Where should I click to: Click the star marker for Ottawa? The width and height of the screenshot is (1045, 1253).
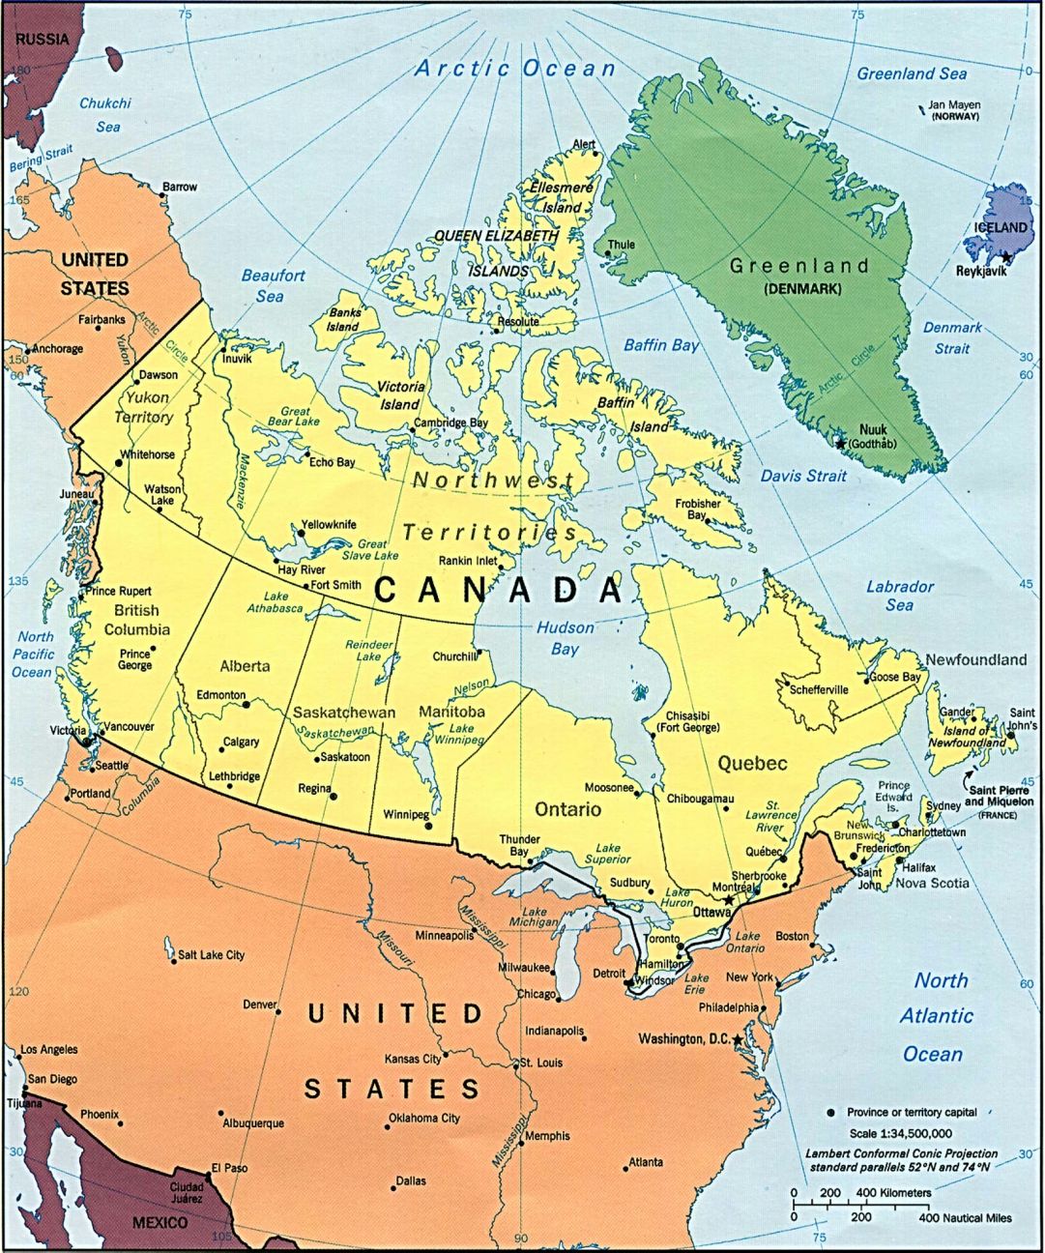click(x=728, y=900)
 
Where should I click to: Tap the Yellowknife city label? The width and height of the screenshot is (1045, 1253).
click(x=328, y=525)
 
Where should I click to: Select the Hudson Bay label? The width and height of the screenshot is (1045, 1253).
click(x=566, y=638)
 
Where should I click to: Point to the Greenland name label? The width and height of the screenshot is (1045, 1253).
click(x=799, y=266)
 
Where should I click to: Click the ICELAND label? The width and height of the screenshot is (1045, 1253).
click(x=1000, y=227)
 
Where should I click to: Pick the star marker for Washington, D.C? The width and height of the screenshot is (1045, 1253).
click(x=739, y=1039)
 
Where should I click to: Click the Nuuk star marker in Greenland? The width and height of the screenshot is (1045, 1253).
click(x=840, y=443)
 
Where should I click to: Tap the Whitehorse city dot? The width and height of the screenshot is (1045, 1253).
click(x=118, y=462)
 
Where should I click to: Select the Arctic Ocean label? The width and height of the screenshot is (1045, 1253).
click(x=514, y=69)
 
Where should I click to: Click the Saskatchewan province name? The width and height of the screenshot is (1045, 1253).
click(x=344, y=713)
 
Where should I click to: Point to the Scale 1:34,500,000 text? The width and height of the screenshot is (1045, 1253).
click(x=900, y=1133)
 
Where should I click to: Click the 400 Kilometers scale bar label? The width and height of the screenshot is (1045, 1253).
click(x=893, y=1192)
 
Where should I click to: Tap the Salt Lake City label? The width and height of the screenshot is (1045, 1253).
click(x=211, y=955)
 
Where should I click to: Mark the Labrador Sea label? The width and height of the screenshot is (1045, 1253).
click(x=899, y=596)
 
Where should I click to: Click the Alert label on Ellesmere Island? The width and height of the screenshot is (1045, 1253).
click(x=584, y=145)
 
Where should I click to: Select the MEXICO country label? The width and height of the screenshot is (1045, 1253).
click(x=160, y=1223)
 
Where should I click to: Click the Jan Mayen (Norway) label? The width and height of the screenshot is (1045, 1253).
click(x=954, y=110)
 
